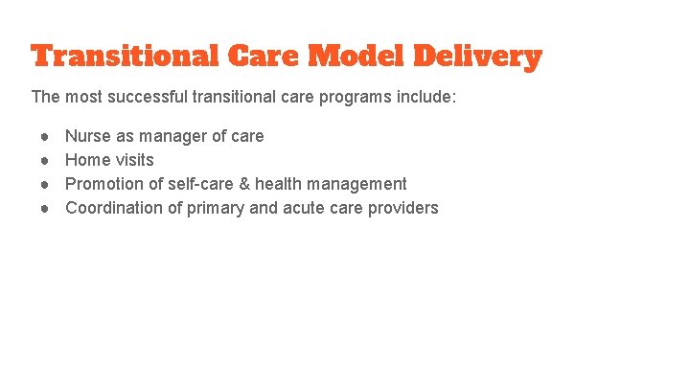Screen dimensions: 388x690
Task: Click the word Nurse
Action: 87,136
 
